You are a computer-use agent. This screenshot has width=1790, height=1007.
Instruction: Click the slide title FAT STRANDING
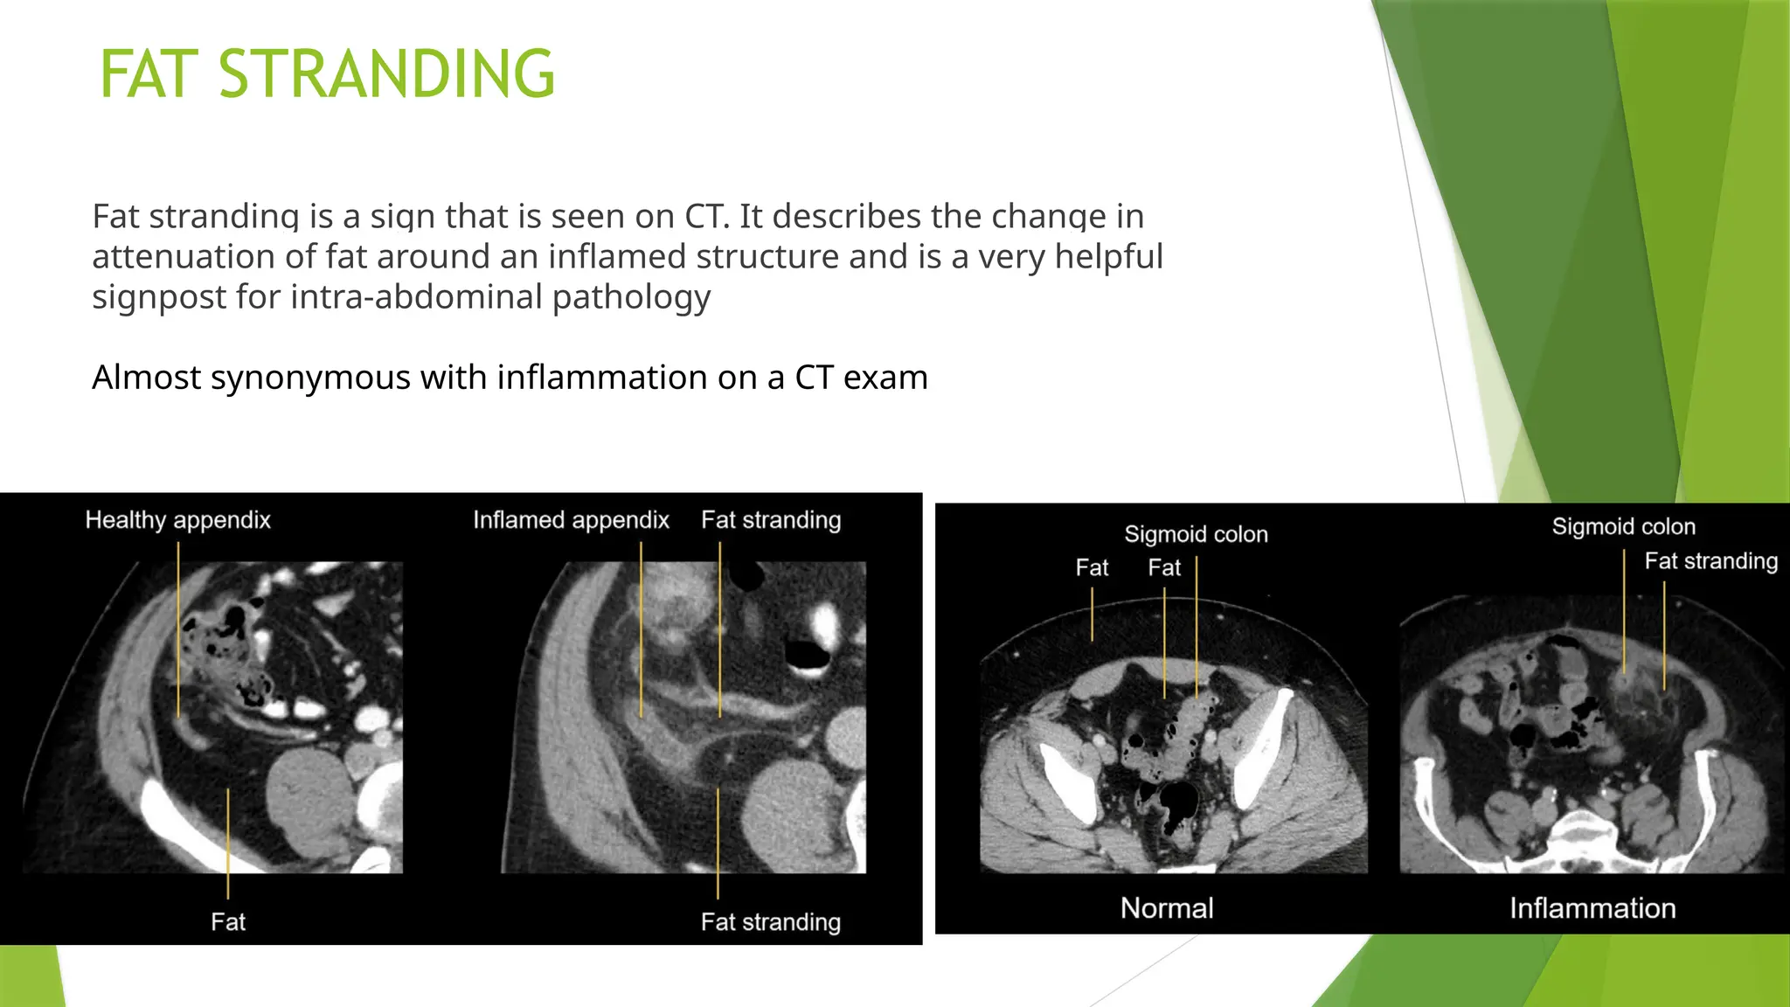pyautogui.click(x=328, y=74)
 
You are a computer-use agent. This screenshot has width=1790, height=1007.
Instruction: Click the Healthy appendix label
pyautogui.click(x=177, y=520)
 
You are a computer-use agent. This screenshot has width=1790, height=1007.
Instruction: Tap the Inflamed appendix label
pyautogui.click(x=571, y=520)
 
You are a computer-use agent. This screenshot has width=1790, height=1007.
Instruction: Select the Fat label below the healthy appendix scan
pyautogui.click(x=228, y=922)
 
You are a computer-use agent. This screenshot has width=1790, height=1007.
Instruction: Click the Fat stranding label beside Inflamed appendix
pyautogui.click(x=771, y=520)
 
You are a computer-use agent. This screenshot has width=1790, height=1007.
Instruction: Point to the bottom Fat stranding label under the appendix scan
pyautogui.click(x=771, y=922)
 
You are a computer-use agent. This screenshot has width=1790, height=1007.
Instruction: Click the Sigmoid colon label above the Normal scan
pyautogui.click(x=1196, y=534)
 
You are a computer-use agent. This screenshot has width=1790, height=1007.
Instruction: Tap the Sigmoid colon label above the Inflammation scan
pyautogui.click(x=1623, y=526)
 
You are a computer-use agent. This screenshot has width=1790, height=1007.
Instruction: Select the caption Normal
pyautogui.click(x=1167, y=908)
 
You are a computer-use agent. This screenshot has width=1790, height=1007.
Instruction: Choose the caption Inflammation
pyautogui.click(x=1592, y=908)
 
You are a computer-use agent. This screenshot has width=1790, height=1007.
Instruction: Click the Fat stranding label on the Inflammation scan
pyautogui.click(x=1710, y=561)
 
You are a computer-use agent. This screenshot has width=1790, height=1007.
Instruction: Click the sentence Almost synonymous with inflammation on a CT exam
pyautogui.click(x=510, y=378)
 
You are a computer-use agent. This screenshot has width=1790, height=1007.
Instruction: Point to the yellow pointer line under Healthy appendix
pyautogui.click(x=178, y=629)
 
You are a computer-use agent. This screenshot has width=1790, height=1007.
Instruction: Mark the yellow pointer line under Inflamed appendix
pyautogui.click(x=641, y=629)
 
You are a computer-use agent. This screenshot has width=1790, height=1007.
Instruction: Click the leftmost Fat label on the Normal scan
pyautogui.click(x=1092, y=568)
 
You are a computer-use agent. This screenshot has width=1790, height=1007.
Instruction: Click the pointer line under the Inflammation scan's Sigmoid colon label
pyautogui.click(x=1624, y=612)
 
